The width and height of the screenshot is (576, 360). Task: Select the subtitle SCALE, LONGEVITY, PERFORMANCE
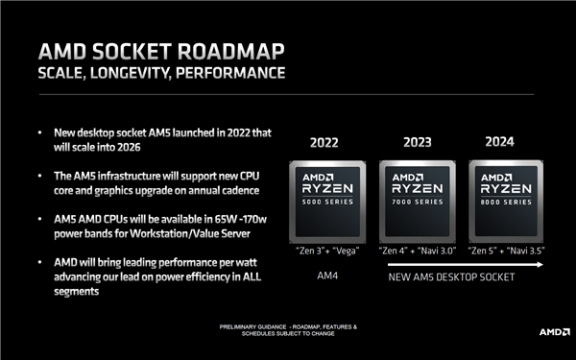pos(160,73)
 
